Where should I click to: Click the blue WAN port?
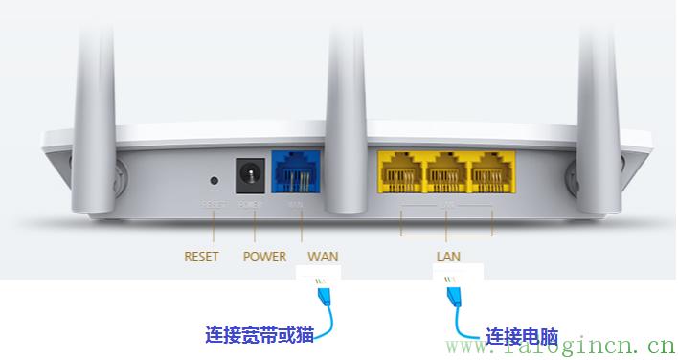297,175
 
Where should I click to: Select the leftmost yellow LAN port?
402,174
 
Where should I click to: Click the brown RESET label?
201,257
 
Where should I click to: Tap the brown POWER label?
264,257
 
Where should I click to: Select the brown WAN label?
323,257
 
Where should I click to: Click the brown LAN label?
448,257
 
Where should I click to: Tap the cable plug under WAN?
324,293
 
